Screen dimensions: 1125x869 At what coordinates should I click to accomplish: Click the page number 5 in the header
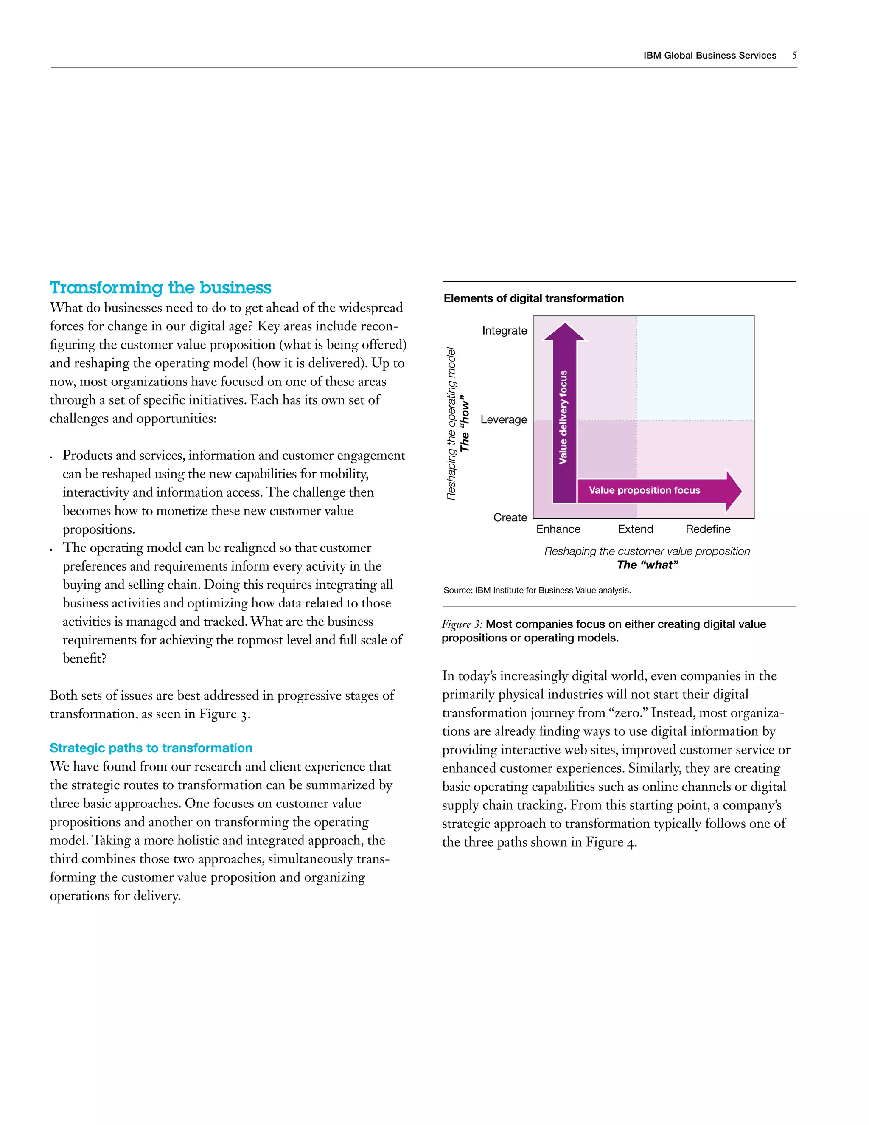794,55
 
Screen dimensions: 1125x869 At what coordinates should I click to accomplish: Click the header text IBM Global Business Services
709,56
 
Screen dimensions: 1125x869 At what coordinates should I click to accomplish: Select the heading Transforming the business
161,287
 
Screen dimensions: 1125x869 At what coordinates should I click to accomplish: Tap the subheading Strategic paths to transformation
151,748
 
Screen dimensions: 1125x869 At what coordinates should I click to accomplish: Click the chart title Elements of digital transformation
533,298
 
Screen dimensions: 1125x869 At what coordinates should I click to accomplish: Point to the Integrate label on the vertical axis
504,331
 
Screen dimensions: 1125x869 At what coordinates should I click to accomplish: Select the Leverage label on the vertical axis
504,420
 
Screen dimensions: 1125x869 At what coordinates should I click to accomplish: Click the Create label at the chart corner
510,517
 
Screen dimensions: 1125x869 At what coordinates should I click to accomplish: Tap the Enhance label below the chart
558,529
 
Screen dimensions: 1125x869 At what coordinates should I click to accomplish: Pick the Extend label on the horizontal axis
635,529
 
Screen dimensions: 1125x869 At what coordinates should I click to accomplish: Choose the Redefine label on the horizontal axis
708,529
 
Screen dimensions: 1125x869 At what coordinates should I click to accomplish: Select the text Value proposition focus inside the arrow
644,490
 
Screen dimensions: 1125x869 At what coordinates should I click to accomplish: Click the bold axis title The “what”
647,565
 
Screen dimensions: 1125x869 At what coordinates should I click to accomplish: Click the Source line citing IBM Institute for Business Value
537,591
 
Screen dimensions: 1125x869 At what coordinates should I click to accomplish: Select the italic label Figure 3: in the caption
462,624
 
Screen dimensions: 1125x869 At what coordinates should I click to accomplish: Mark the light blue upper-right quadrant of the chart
695,368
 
